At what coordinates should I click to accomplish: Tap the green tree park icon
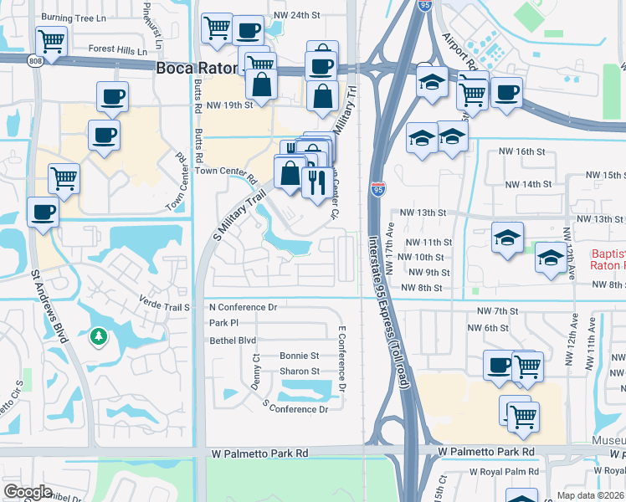(x=98, y=336)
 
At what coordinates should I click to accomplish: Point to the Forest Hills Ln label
(x=117, y=50)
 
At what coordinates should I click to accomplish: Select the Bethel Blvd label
(x=233, y=341)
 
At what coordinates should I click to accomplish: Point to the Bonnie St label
(x=299, y=356)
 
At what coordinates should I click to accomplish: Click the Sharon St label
(x=299, y=371)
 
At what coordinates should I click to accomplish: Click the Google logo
(x=28, y=492)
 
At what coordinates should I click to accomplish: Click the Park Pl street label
(x=223, y=323)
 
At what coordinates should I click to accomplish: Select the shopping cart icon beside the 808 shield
(x=51, y=41)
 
